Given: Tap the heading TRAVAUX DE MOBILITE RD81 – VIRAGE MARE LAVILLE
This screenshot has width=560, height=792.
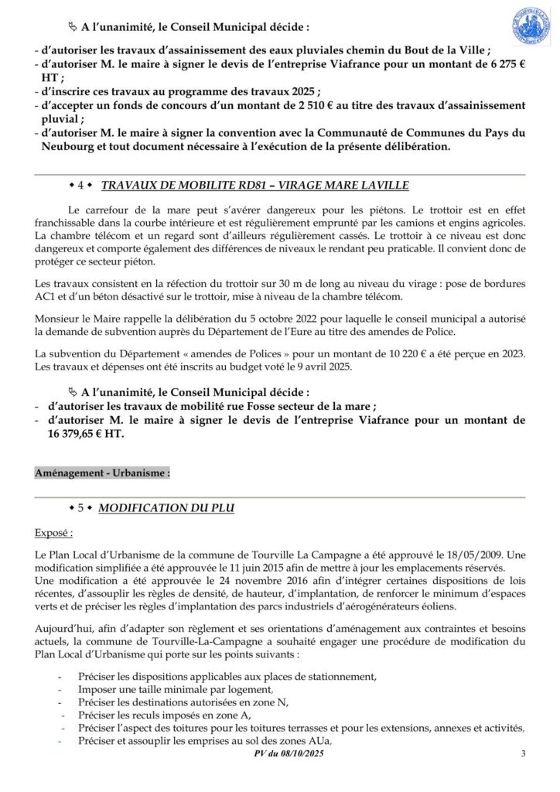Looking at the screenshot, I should click(x=254, y=186).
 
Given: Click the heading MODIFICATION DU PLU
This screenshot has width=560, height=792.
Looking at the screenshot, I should click(x=167, y=508).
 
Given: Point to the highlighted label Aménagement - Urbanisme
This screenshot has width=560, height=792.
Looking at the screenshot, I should click(x=102, y=472).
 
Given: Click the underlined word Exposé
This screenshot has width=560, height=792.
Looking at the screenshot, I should click(x=54, y=533).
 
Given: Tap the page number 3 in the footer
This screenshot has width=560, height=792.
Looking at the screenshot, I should click(x=523, y=754).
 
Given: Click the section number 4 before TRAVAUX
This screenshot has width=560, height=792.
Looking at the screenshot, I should click(x=81, y=186).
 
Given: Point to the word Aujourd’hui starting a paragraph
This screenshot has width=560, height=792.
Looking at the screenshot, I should click(x=63, y=630).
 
